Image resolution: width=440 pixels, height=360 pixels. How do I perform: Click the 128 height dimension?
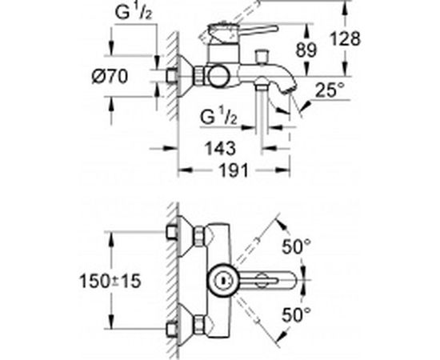pyautogui.click(x=345, y=38)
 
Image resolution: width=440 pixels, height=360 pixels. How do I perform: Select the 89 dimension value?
pyautogui.click(x=306, y=50)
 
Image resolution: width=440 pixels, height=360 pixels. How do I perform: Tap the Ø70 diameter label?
pyautogui.click(x=110, y=76)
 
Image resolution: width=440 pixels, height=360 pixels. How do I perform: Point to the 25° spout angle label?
pyautogui.click(x=330, y=90)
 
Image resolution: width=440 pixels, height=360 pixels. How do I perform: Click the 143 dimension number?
pyautogui.click(x=220, y=148)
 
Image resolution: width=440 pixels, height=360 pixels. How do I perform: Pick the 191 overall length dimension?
pyautogui.click(x=234, y=170)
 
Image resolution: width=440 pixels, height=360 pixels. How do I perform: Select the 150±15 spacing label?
pyautogui.click(x=110, y=281)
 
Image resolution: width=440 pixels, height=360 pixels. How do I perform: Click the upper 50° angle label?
pyautogui.click(x=296, y=246)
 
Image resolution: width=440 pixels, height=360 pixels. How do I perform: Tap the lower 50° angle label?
pyautogui.click(x=296, y=315)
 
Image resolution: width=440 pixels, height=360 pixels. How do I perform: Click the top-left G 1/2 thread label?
pyautogui.click(x=134, y=13)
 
